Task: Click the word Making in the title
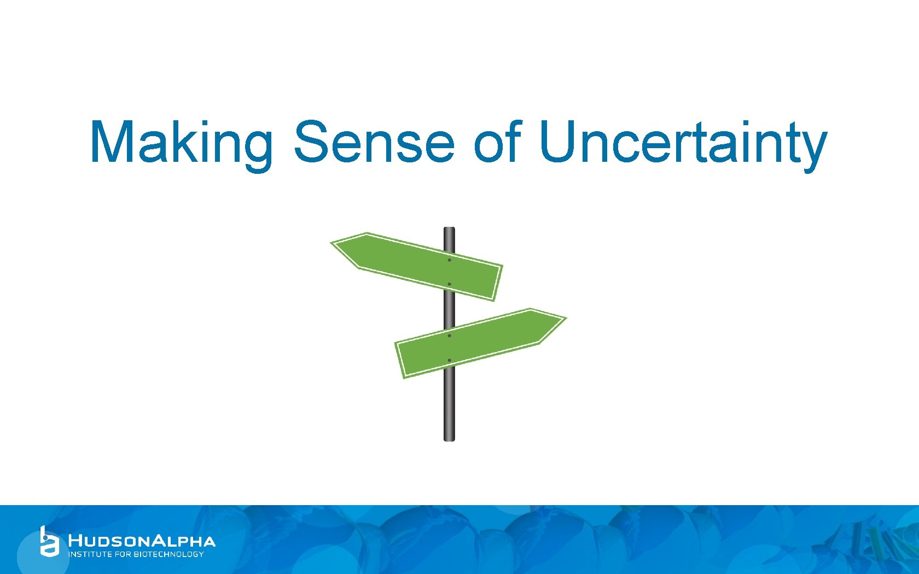pos(181,142)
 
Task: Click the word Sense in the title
pos(374,142)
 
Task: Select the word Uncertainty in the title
pos(682,142)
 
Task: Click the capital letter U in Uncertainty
pos(560,141)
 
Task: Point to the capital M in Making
pos(112,141)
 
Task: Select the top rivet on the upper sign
pos(449,260)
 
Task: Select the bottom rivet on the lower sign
pos(449,360)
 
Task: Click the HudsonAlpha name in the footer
pos(142,541)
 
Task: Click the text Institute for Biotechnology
pos(136,554)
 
